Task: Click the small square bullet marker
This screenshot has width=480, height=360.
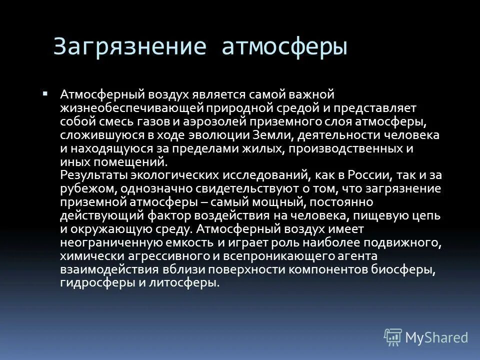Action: (59, 93)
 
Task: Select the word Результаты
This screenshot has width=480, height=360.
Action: (93, 175)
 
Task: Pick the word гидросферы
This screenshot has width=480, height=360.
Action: (90, 283)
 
